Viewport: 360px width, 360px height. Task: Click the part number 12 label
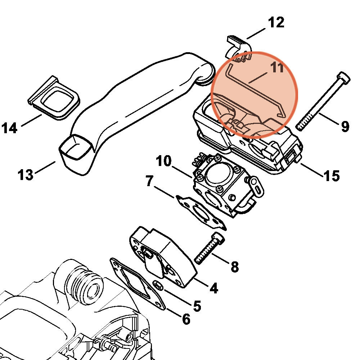click(276, 22)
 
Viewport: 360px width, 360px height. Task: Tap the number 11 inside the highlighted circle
click(277, 67)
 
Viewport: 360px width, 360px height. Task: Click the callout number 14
click(10, 128)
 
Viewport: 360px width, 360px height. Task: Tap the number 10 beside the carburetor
click(164, 161)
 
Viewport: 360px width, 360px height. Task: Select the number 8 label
click(234, 267)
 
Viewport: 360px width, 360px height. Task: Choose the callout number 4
click(213, 288)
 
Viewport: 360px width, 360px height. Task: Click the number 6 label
click(186, 319)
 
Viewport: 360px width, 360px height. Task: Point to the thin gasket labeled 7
click(200, 211)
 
